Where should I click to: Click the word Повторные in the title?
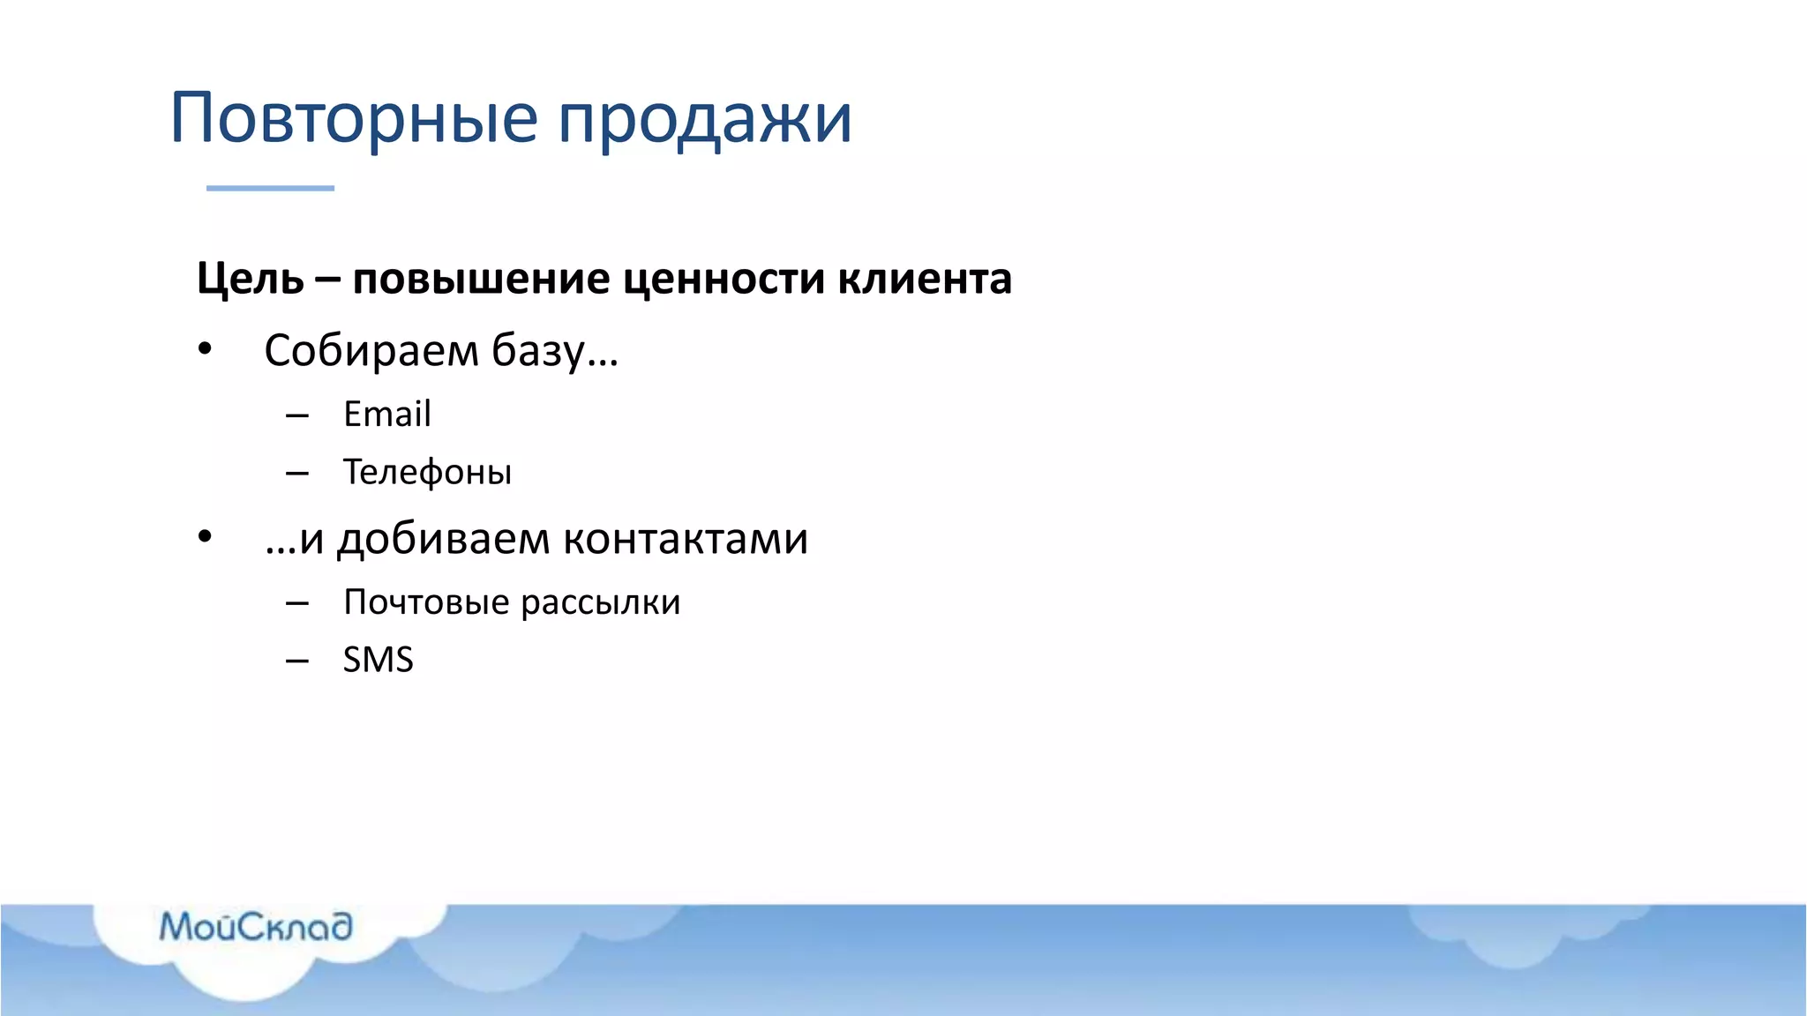[353, 118]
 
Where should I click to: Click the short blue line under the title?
[270, 188]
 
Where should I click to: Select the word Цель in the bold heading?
[250, 280]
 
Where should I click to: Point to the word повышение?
[481, 280]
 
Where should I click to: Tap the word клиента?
[924, 280]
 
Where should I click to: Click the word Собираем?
[371, 351]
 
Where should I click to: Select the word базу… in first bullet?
[555, 351]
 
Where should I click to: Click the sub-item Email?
[386, 415]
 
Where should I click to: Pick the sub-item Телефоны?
[427, 473]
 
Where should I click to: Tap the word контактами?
[686, 539]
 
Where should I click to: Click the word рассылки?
[600, 602]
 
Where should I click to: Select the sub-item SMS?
[378, 660]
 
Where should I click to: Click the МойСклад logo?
[256, 927]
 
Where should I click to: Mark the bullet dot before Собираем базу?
[205, 350]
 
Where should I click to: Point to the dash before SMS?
[297, 661]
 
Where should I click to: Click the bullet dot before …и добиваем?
[205, 536]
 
